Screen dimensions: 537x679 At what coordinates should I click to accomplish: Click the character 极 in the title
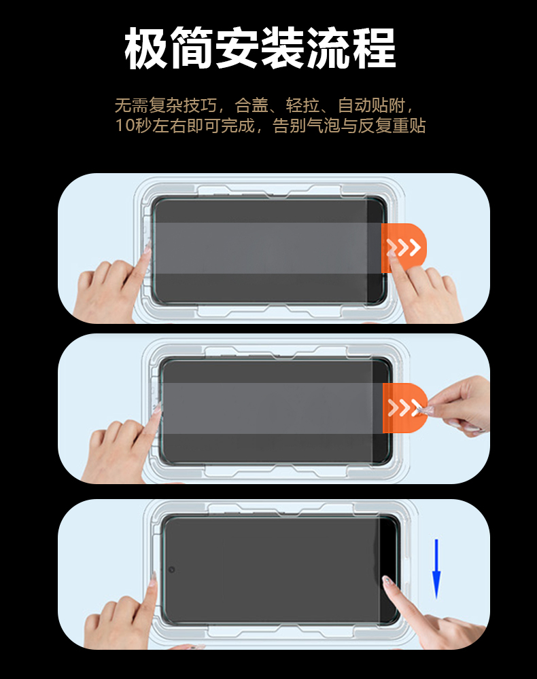(147, 48)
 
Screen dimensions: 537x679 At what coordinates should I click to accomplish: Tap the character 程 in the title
(374, 48)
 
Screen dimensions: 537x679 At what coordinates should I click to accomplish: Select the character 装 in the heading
(283, 48)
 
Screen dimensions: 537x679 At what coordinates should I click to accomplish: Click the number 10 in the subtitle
(124, 126)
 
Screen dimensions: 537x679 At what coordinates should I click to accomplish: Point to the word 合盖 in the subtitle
(252, 105)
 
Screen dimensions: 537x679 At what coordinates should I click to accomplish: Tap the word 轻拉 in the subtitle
(303, 105)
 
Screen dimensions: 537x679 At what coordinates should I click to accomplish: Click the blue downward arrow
(436, 568)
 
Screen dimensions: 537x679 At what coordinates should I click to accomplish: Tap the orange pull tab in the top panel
(403, 248)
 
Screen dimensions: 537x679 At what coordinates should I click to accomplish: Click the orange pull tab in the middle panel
(404, 407)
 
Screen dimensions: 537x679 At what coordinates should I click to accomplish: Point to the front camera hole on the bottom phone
(171, 569)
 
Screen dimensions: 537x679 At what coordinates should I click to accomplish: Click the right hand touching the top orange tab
(423, 288)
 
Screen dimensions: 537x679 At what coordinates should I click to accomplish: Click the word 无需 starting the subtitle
(132, 105)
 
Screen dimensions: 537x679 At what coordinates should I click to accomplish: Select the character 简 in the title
(192, 48)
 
